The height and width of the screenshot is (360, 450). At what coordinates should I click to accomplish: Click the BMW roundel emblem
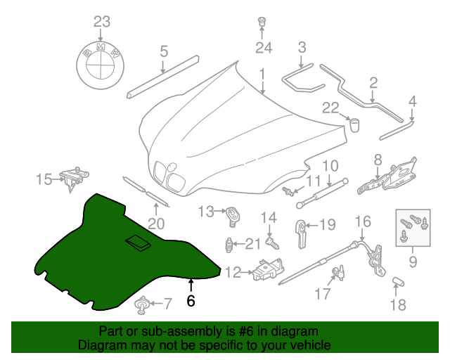pos(101,61)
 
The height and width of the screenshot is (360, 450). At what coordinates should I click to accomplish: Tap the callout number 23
pos(102,20)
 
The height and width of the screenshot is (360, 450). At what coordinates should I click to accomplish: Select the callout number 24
pos(263,48)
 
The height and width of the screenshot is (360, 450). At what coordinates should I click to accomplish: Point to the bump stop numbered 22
pos(355,125)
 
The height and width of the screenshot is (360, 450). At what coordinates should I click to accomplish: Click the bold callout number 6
pos(190,300)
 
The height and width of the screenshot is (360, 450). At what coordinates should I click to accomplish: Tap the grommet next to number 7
pos(143,304)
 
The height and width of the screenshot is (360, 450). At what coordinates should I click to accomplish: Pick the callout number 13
pos(205,211)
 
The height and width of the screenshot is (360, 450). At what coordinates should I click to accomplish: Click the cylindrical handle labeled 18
pos(399,283)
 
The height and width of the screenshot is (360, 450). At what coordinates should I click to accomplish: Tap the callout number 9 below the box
pos(413,262)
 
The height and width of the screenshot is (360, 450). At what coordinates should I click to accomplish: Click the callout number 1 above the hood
pos(262,73)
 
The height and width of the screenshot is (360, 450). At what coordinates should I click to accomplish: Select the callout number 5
pos(164,51)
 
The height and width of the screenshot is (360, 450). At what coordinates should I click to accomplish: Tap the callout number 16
pos(362,222)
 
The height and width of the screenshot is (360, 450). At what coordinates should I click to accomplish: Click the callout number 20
pos(156,224)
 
